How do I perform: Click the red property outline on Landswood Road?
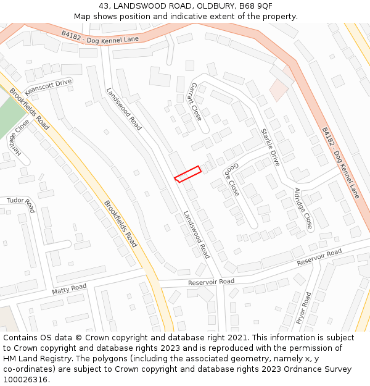187,174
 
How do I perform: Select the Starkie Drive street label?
271,148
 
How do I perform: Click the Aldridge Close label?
303,209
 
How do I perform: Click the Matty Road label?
69,289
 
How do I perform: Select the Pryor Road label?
304,308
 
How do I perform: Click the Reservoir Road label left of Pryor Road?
211,282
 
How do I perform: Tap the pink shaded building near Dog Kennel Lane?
279,90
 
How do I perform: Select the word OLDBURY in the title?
212,6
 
